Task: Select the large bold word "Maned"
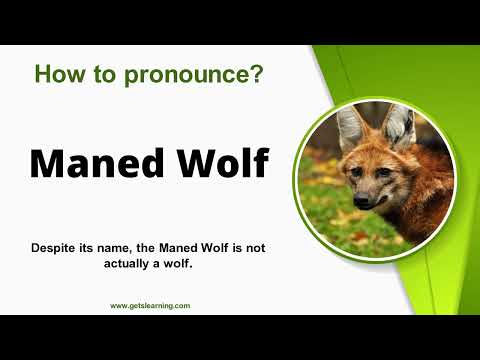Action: click(94, 162)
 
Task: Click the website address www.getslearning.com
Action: click(150, 306)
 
